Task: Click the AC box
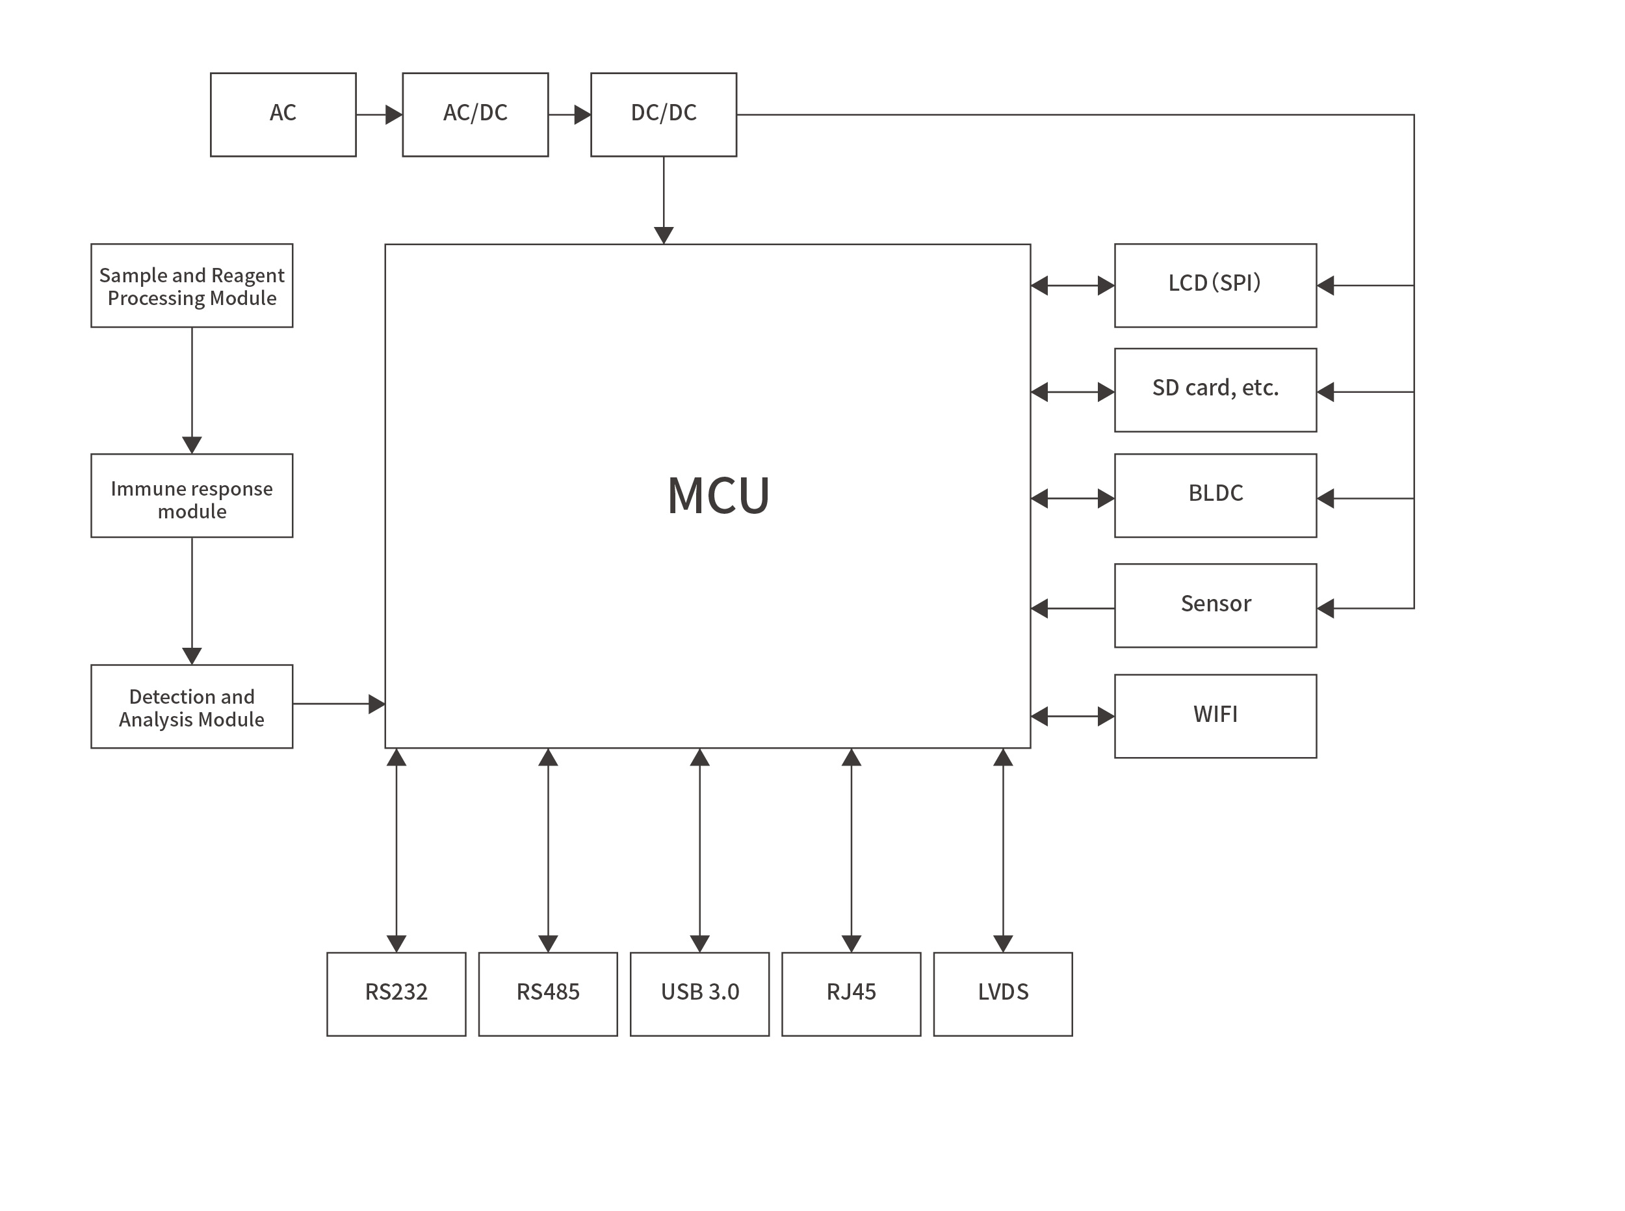pyautogui.click(x=283, y=114)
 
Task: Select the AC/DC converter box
pyautogui.click(x=474, y=114)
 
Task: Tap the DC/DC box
pyautogui.click(x=663, y=114)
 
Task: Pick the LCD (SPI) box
pyautogui.click(x=1215, y=285)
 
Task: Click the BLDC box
pyautogui.click(x=1215, y=495)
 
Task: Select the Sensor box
pyautogui.click(x=1215, y=605)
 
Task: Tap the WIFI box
pyautogui.click(x=1215, y=715)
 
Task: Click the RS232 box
pyautogui.click(x=396, y=993)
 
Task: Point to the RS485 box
pyautogui.click(x=547, y=993)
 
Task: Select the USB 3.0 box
pyautogui.click(x=699, y=993)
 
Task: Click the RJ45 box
pyautogui.click(x=851, y=993)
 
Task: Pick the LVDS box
pyautogui.click(x=1002, y=993)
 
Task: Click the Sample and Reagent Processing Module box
pyautogui.click(x=191, y=285)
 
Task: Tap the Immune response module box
pyautogui.click(x=191, y=495)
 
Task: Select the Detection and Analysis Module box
pyautogui.click(x=191, y=706)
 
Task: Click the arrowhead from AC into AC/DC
pyautogui.click(x=394, y=114)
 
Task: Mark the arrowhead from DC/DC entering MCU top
pyautogui.click(x=663, y=235)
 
